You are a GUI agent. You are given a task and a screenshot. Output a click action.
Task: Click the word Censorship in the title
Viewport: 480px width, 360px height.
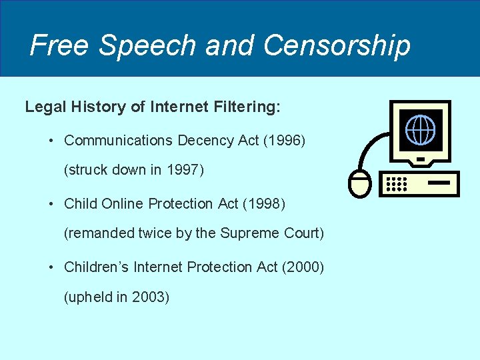(337, 45)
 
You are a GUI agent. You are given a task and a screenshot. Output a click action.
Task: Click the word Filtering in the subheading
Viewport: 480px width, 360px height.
(246, 107)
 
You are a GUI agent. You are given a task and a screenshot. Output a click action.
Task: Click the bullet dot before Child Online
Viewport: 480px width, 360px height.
(51, 204)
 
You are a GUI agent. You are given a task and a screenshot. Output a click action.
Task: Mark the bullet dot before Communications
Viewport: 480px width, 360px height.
(51, 141)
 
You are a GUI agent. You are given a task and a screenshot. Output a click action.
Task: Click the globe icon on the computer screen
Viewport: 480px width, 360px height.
(420, 129)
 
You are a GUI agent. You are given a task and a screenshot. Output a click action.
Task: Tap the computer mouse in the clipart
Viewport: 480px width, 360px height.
(360, 184)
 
